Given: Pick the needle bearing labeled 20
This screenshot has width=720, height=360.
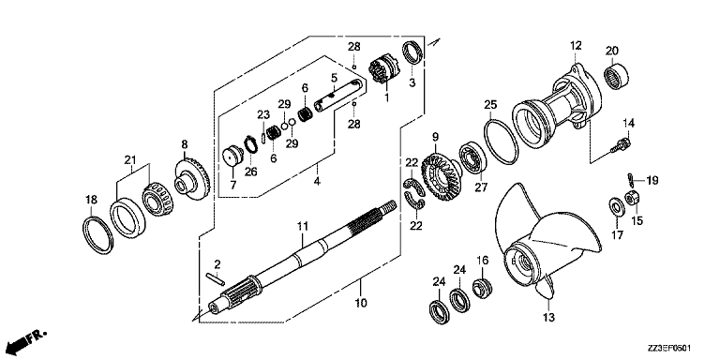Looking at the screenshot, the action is pyautogui.click(x=616, y=73).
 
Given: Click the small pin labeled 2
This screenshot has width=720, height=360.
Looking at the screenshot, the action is pyautogui.click(x=215, y=277).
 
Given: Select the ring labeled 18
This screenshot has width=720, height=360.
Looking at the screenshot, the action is pyautogui.click(x=97, y=234).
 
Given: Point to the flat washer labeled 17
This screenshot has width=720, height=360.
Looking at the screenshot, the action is pyautogui.click(x=616, y=206).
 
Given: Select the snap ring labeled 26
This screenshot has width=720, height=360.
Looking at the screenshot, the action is pyautogui.click(x=250, y=145).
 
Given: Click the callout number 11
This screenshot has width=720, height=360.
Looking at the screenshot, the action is pyautogui.click(x=302, y=227).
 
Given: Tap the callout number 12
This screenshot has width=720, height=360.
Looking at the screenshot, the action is pyautogui.click(x=576, y=45).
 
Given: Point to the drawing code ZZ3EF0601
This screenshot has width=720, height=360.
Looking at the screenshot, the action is pyautogui.click(x=670, y=349).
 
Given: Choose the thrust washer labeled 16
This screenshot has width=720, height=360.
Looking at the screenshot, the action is pyautogui.click(x=482, y=287).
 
